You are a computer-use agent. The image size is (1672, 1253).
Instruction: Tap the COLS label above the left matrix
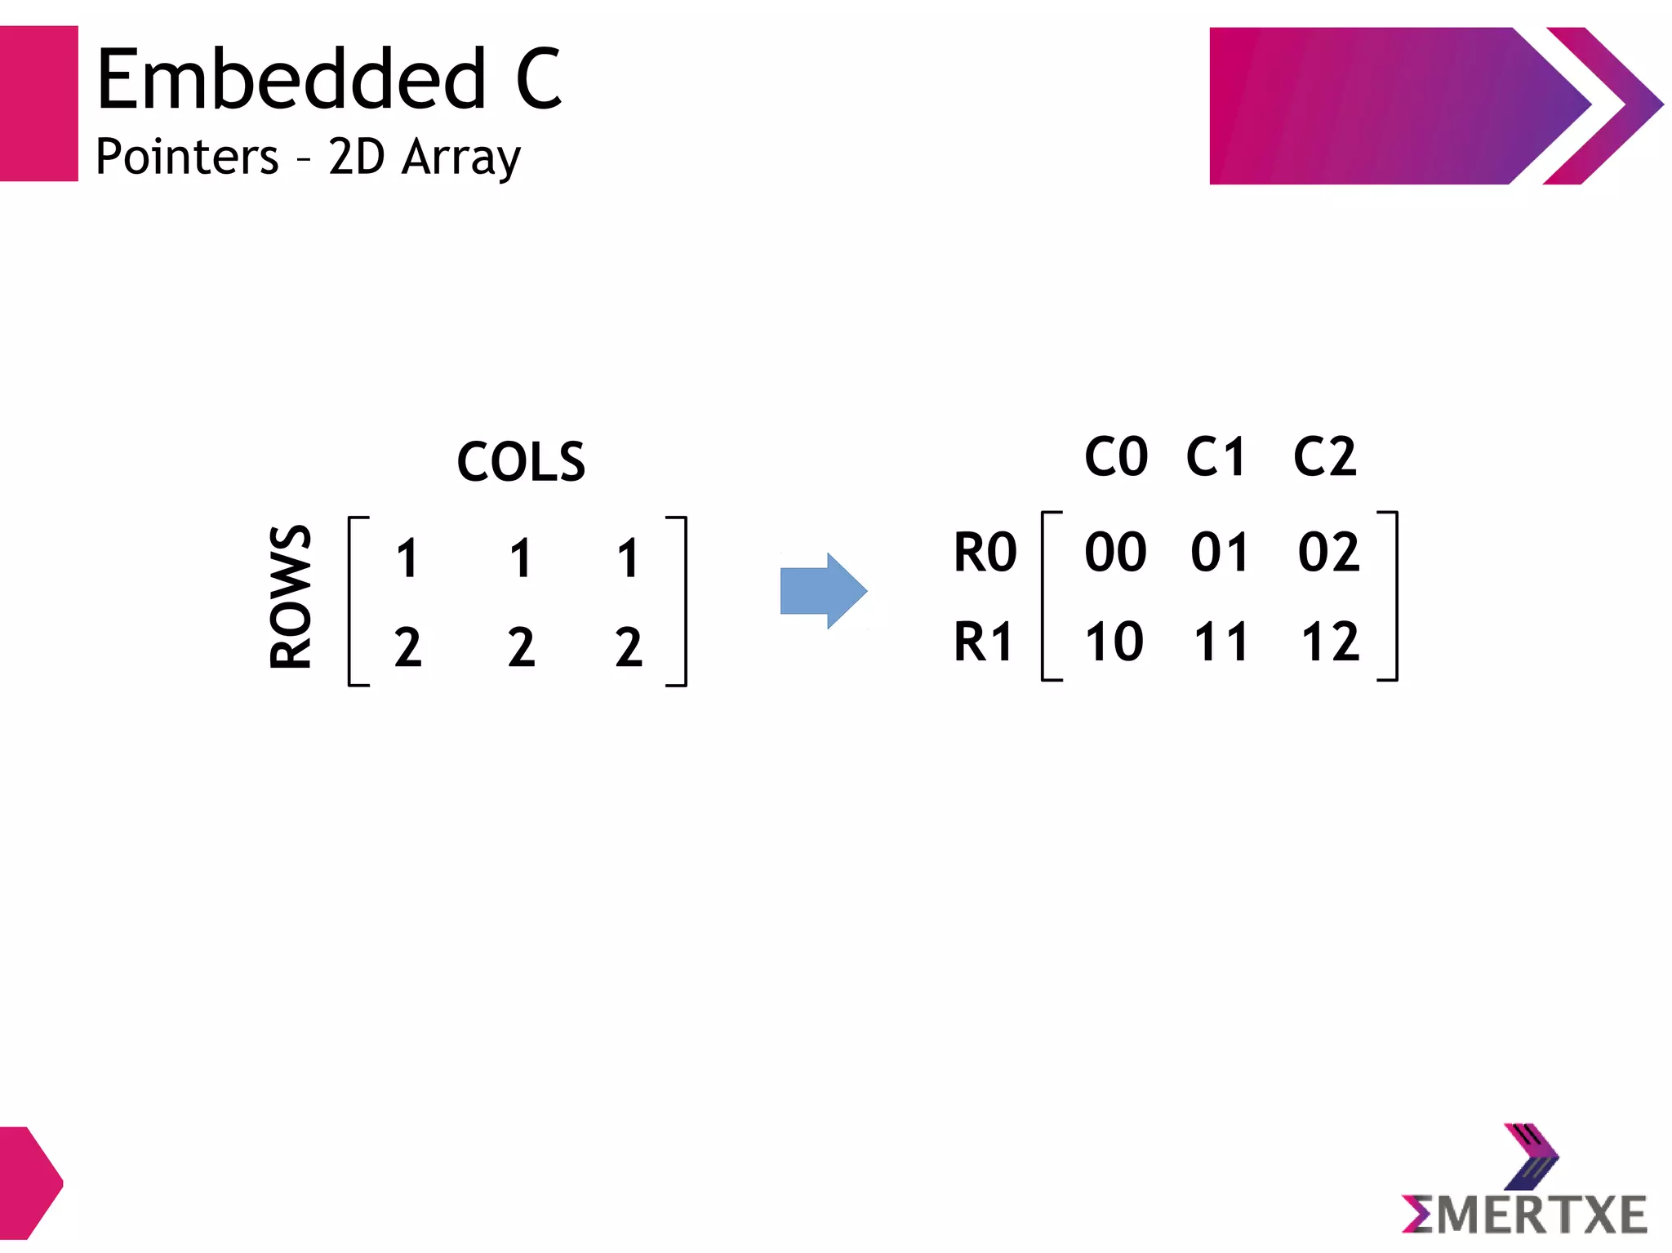tap(521, 462)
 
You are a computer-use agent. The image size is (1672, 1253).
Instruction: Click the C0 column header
tap(1116, 456)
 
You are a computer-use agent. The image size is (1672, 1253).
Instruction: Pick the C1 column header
tap(1216, 456)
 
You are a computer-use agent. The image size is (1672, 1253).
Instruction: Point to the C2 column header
tap(1324, 456)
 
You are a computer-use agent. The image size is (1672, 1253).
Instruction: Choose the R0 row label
tap(985, 553)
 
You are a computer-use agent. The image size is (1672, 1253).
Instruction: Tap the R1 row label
tap(984, 642)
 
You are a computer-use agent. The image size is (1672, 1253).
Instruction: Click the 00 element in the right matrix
tap(1115, 553)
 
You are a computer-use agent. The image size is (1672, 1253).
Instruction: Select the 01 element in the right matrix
tap(1220, 553)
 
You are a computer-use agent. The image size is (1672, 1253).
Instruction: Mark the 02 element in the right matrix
tap(1328, 553)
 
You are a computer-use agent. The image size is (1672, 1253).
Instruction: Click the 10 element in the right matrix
tap(1114, 642)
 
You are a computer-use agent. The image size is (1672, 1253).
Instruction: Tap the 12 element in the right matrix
tap(1330, 642)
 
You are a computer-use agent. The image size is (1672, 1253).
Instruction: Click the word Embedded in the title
tap(291, 79)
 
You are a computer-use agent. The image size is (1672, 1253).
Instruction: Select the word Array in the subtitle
tap(461, 158)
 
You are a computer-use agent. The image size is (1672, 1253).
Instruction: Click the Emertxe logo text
tap(1525, 1215)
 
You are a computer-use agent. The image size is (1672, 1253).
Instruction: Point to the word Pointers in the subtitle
tap(187, 157)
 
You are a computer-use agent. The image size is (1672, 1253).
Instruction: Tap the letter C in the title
tap(539, 79)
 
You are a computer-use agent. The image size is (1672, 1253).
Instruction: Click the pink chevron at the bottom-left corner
tap(29, 1183)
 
